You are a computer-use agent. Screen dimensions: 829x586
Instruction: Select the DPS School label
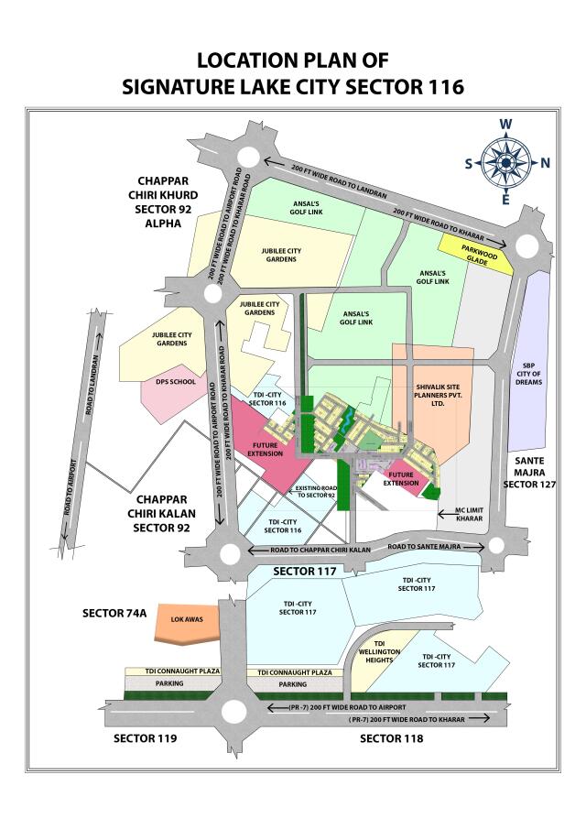click(176, 382)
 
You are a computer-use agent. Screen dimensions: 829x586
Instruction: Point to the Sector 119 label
click(145, 738)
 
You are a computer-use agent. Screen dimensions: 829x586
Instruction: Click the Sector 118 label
click(391, 738)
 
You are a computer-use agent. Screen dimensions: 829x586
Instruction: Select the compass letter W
click(505, 125)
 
